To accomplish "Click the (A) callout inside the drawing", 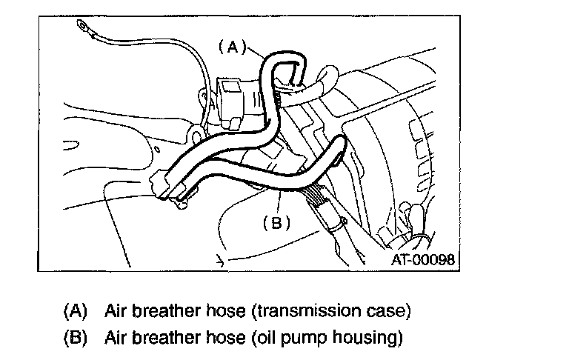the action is tap(231, 47).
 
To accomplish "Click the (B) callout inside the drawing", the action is tap(276, 221).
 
